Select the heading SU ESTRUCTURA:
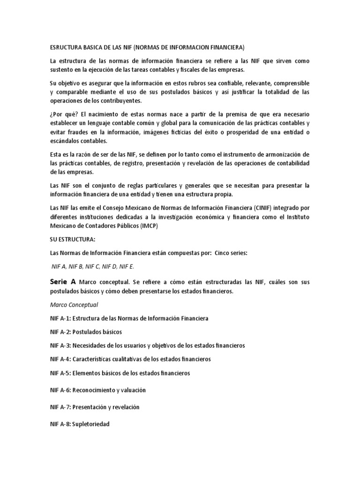click(x=72, y=239)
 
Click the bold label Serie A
click(x=63, y=283)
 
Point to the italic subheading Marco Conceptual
click(x=74, y=305)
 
